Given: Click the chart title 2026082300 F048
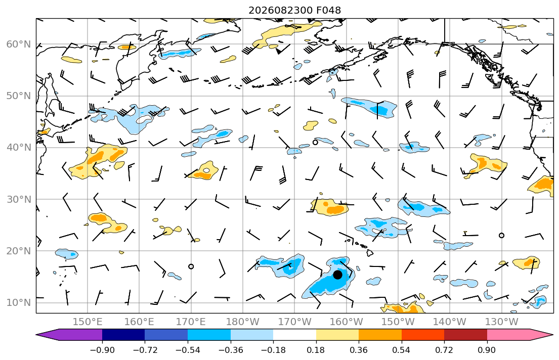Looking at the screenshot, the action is tap(294, 10).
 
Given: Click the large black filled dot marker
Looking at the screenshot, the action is tap(337, 275).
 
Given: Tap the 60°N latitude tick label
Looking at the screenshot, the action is tap(19, 44).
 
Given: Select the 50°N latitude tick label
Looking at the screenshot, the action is tap(19, 96).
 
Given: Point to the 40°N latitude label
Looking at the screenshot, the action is tap(19, 148).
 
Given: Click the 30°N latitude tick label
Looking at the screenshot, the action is tap(19, 199).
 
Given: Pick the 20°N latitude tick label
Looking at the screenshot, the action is tap(19, 251).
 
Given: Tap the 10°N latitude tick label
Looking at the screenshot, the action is tap(19, 303).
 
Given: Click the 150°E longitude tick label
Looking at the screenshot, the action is tap(88, 322).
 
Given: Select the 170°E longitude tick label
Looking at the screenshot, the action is tap(191, 322).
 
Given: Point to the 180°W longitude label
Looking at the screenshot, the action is tap(243, 322).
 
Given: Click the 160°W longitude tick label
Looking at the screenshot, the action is tap(347, 322).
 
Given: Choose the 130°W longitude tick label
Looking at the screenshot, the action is tap(502, 322).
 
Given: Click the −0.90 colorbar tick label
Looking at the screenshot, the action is tap(102, 350).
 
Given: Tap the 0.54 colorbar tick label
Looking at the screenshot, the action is tap(402, 350).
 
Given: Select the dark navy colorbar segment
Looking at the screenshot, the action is tap(123, 335).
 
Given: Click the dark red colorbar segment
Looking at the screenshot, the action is tap(465, 335).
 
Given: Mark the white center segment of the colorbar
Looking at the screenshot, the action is tap(294, 335).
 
